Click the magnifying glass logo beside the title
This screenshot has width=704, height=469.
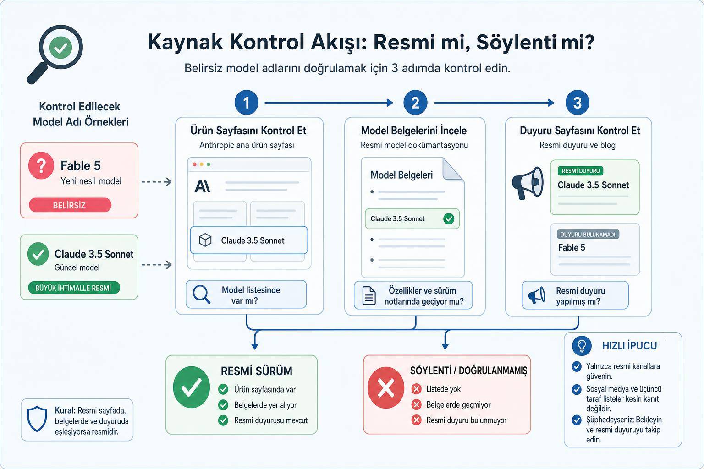55,54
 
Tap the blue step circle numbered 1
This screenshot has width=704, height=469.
247,103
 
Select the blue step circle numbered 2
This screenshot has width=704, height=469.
415,103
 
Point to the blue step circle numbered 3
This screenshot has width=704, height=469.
577,103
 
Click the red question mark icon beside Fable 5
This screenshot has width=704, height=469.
41,165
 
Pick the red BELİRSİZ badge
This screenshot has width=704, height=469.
70,205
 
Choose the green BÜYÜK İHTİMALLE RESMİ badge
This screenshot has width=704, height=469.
74,288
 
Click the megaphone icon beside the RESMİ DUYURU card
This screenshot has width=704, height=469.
528,183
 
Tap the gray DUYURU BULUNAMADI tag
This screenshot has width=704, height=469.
588,234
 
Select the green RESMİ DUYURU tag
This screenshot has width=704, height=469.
581,171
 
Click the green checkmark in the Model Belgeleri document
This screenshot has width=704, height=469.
449,218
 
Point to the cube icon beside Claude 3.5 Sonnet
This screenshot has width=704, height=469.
205,240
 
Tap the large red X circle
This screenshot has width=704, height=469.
386,388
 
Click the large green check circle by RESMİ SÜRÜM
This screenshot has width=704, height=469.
192,387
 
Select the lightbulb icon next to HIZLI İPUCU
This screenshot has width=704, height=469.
582,345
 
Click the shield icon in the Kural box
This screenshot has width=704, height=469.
37,419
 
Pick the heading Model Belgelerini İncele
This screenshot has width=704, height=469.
413,131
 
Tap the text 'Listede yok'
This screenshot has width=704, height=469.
443,389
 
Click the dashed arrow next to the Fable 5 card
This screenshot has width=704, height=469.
156,182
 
